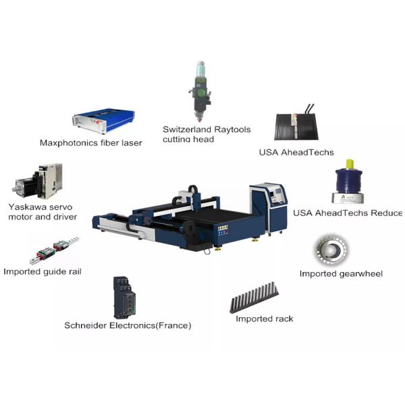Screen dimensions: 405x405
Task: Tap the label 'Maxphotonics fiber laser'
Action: click(90, 143)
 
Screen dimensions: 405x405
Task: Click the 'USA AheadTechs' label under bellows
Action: click(296, 153)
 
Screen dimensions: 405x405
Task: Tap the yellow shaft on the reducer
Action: click(350, 166)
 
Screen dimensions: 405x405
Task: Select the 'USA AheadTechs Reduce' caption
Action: click(347, 213)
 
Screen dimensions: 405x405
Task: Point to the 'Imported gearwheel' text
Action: click(341, 274)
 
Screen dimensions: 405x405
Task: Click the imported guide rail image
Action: click(53, 250)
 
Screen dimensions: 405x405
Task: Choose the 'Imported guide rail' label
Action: click(42, 271)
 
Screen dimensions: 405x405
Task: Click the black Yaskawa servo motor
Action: click(27, 183)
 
